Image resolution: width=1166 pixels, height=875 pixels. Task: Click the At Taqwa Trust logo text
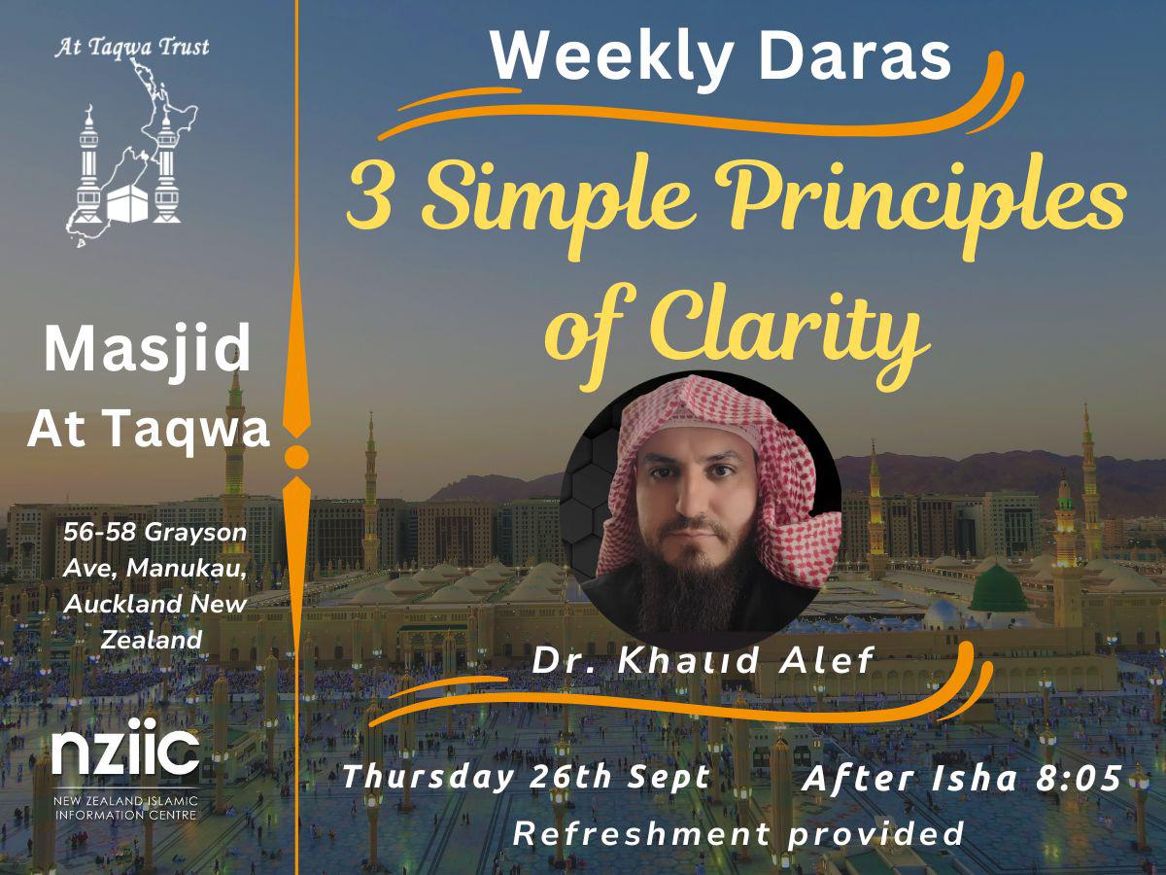pyautogui.click(x=132, y=48)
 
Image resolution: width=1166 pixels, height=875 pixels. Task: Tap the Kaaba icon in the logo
pyautogui.click(x=128, y=203)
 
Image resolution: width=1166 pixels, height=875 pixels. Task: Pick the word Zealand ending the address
pyautogui.click(x=152, y=639)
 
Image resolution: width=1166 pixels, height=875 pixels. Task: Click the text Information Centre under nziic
pyautogui.click(x=126, y=815)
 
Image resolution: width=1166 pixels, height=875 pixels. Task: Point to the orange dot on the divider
pyautogui.click(x=297, y=457)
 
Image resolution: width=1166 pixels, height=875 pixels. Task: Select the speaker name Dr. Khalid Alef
pyautogui.click(x=703, y=660)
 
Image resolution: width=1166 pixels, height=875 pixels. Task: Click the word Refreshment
pyautogui.click(x=640, y=832)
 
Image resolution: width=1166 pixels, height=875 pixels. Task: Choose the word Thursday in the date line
pyautogui.click(x=429, y=778)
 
